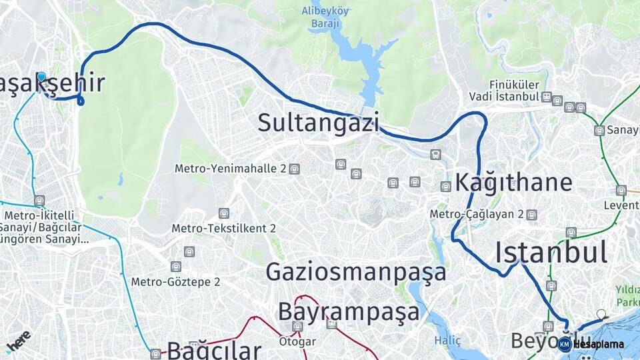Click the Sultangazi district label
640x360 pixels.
318,123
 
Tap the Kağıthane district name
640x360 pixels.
514,182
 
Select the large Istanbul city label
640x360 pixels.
551,253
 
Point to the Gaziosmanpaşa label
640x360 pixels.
356,272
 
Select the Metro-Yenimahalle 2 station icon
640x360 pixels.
295,169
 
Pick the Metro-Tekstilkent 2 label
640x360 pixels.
223,228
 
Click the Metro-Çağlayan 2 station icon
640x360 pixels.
531,215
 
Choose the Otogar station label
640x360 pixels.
297,341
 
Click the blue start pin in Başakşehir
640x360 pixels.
41,77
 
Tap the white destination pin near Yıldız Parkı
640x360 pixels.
601,314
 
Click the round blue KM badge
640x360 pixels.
565,344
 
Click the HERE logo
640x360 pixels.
18,341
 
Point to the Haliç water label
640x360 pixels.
448,341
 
